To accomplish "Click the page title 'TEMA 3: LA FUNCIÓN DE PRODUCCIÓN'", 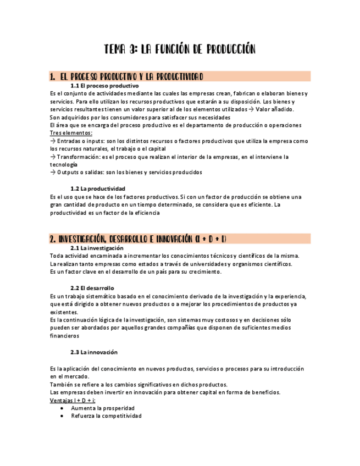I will click(180, 50).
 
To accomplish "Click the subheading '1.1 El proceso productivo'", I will click(104, 86).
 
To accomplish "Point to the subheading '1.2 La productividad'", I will click(98, 188).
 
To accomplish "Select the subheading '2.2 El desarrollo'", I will click(92, 288).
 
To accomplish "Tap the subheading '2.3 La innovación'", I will click(93, 352).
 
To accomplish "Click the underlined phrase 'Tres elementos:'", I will click(71, 133).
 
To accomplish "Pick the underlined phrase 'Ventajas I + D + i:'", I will click(73, 401).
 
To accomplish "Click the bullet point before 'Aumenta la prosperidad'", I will click(62, 409).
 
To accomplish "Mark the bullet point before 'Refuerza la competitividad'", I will click(62, 417).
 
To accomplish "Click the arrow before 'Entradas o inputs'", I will click(52, 141).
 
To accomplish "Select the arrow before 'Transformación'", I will click(52, 157).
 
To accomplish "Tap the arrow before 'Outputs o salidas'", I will click(52, 173).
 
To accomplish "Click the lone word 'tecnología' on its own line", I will click(63, 165).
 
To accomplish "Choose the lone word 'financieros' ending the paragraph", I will click(64, 336).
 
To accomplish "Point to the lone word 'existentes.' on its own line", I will click(64, 312).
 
